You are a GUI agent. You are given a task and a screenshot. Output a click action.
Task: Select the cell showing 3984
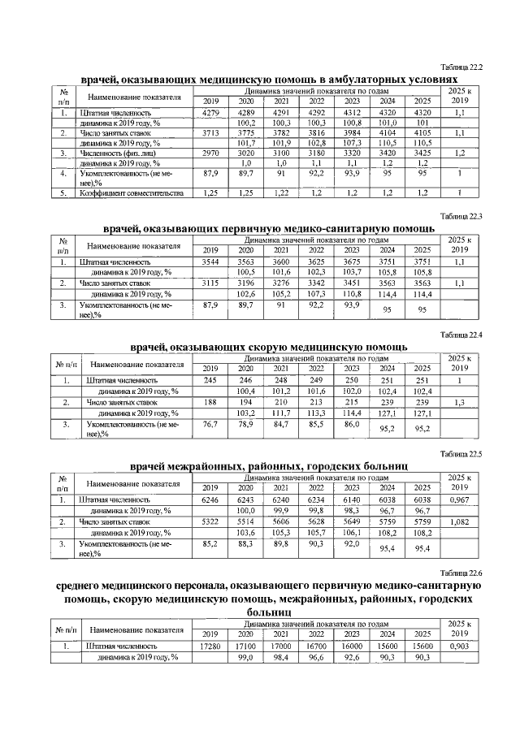tap(352, 132)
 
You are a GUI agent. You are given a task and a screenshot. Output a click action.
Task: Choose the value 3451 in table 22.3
tap(352, 283)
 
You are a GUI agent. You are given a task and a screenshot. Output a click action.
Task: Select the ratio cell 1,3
tap(461, 402)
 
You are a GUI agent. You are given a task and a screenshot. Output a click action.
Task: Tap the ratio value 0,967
tap(460, 500)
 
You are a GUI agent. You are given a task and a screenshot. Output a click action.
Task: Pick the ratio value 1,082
tap(460, 521)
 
